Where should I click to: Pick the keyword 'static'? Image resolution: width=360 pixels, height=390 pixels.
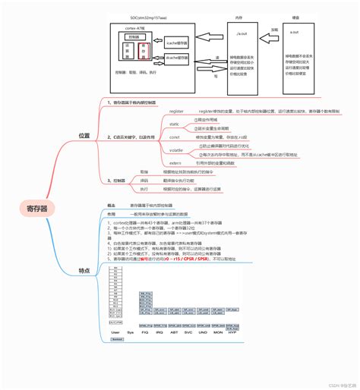pos(174,123)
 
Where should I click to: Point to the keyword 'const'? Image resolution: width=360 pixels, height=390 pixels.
pos(174,137)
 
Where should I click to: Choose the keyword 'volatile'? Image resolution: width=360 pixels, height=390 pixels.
pos(175,151)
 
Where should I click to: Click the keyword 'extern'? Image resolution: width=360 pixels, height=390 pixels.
pos(175,162)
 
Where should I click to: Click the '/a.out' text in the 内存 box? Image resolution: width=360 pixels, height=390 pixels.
pos(241,35)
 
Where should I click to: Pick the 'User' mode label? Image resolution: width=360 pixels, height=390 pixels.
pos(115,332)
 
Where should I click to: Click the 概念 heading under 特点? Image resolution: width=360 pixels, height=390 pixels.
pos(111,205)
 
